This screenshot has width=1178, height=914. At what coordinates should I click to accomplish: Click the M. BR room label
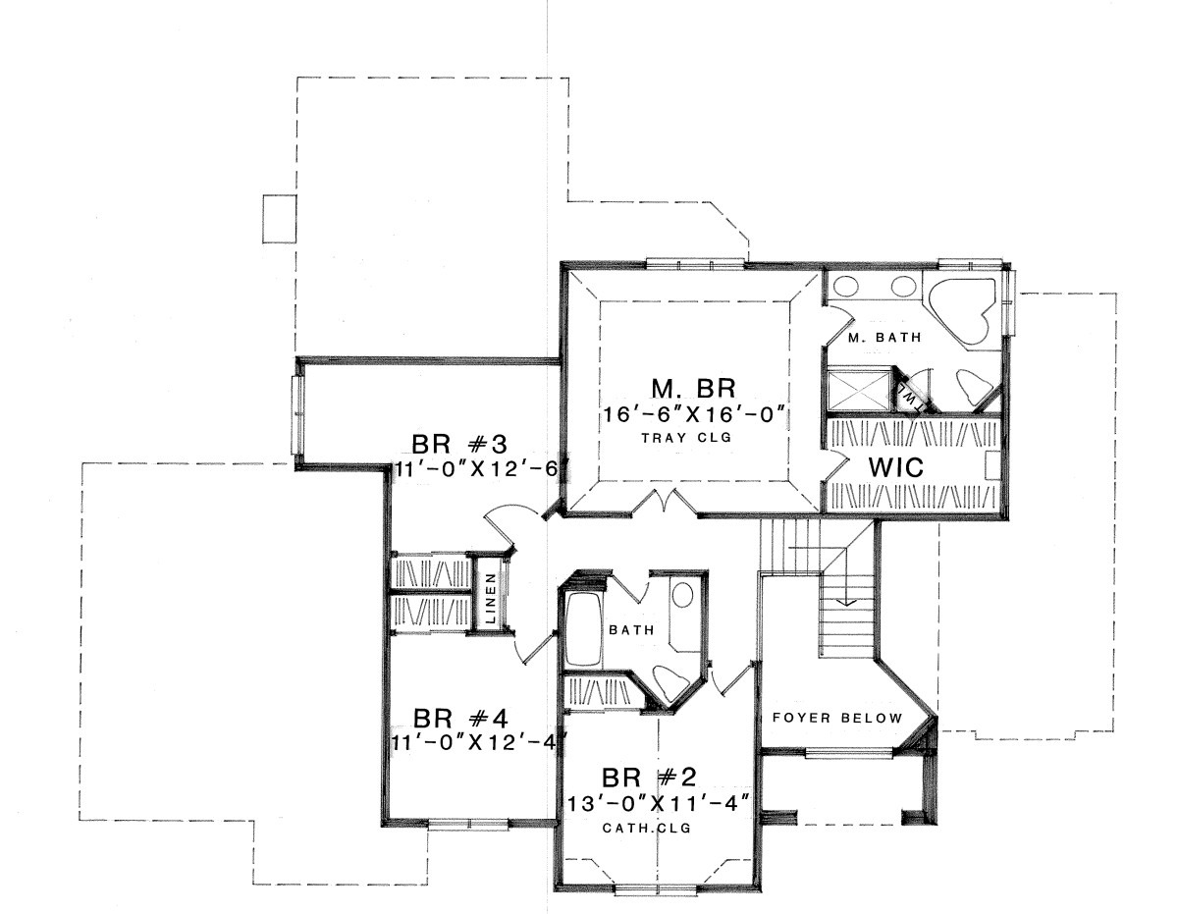point(693,388)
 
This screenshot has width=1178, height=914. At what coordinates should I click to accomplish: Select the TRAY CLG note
point(686,438)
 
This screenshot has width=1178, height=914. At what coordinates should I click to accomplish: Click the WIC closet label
point(896,466)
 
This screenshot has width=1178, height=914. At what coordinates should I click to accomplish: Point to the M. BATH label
point(884,337)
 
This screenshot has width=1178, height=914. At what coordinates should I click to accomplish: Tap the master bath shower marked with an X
point(859,392)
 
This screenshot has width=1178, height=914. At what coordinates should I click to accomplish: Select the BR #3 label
point(459,444)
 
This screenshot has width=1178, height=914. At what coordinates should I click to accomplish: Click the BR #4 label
point(460,719)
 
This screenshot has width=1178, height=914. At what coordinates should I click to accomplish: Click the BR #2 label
point(649,779)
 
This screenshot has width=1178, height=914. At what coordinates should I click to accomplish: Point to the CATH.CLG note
point(647,828)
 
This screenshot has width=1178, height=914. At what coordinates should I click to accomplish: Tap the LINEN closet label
point(490,598)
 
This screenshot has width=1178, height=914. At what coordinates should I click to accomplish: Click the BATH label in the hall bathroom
point(631,630)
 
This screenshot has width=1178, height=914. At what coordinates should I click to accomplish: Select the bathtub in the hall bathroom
point(583,629)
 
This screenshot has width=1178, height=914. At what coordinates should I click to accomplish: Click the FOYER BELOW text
point(837,718)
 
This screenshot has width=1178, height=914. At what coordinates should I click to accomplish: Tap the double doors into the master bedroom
point(666,500)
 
